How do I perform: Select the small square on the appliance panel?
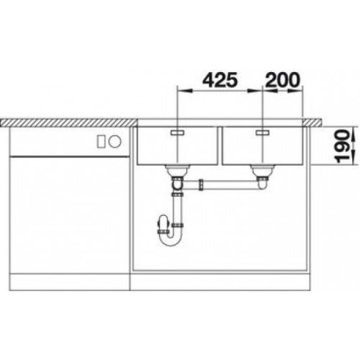point(102,142)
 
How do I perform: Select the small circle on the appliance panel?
point(114,142)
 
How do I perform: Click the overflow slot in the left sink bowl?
point(177,129)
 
